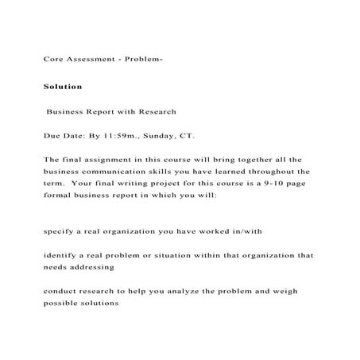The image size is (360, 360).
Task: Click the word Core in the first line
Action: click(x=52, y=60)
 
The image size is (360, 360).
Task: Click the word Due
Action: click(x=52, y=136)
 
